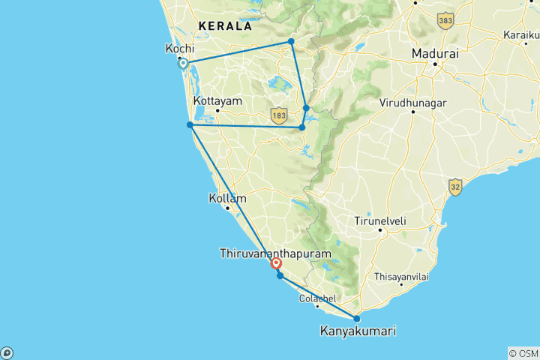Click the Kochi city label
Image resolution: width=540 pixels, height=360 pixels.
click(179, 49)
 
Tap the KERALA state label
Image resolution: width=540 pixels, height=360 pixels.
click(225, 26)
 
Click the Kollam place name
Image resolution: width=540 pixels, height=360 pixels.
click(227, 199)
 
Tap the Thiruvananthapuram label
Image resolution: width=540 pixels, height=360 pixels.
click(275, 254)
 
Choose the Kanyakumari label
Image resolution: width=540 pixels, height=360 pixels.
click(358, 331)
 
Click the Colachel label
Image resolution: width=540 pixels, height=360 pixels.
click(316, 298)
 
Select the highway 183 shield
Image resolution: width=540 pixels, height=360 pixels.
click(279, 115)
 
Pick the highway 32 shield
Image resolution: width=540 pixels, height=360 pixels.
click(454, 184)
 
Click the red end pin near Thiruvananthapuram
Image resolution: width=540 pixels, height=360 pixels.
click(276, 264)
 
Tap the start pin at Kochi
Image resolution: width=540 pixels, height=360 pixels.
click(182, 64)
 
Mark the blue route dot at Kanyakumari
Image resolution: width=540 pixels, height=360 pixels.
click(356, 319)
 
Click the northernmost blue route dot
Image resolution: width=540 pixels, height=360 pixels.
click(291, 41)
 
